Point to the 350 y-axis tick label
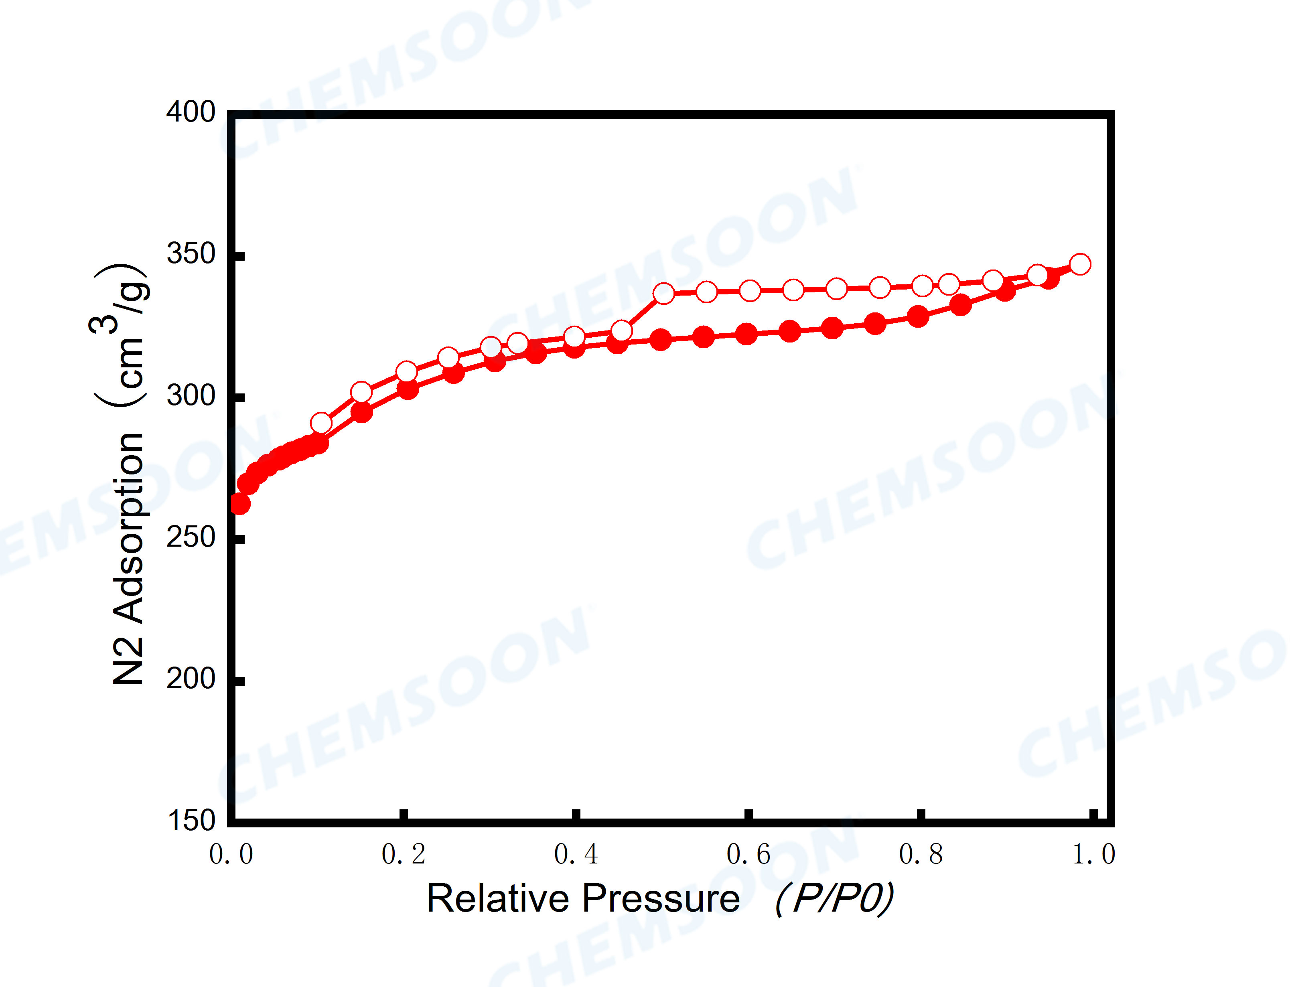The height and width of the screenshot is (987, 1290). coord(191,254)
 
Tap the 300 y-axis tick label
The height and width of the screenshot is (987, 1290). coord(191,395)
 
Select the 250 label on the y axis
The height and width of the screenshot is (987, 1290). coord(191,537)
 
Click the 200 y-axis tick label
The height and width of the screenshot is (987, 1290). coord(191,679)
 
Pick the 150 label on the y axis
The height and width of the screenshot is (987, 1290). coord(191,820)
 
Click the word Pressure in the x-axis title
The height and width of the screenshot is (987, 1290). coord(661,899)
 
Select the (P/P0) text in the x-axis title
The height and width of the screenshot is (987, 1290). coord(834,899)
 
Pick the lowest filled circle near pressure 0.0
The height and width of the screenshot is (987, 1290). coord(239,503)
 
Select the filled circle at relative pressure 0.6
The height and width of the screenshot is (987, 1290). coord(746,334)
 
